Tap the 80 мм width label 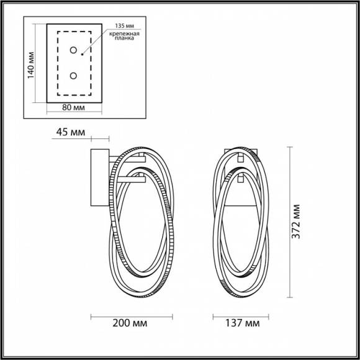(x=74, y=109)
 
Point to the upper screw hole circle (x=74, y=50)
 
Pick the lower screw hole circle (x=74, y=76)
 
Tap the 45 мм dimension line (x=99, y=139)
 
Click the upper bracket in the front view (x=239, y=159)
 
